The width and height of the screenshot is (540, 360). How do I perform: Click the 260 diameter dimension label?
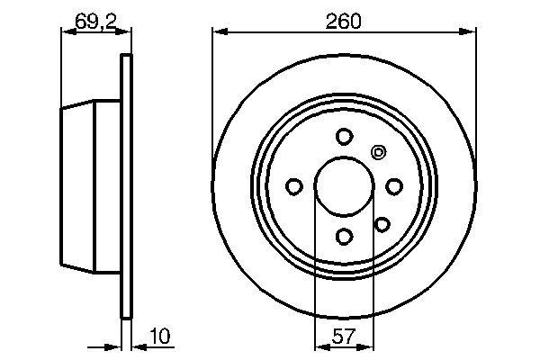(x=344, y=20)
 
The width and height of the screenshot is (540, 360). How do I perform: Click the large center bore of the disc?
(x=343, y=185)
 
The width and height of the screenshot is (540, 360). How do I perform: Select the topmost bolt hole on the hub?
(x=343, y=136)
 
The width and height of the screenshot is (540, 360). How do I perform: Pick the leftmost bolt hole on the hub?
(x=293, y=186)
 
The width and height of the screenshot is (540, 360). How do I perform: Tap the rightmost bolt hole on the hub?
(x=393, y=185)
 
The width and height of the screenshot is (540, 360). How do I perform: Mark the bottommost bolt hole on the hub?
(x=343, y=236)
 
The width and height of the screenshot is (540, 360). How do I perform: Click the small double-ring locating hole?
(x=378, y=152)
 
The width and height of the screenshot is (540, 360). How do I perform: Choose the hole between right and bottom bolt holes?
(x=382, y=224)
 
